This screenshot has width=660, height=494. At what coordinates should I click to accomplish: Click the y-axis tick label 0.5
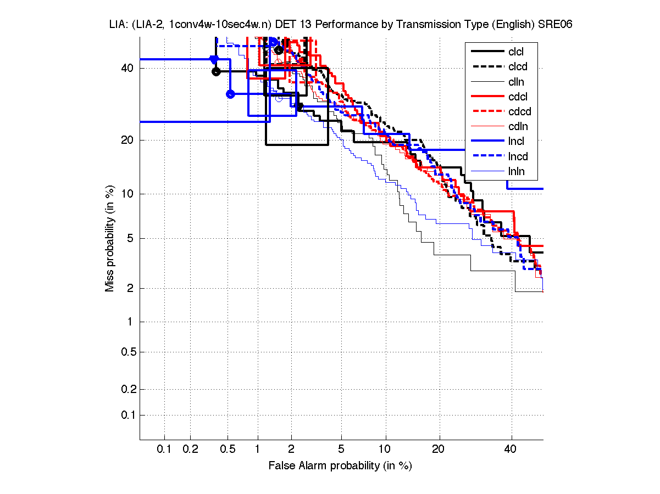click(x=128, y=352)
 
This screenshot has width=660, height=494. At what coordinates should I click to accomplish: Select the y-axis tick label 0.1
click(x=128, y=415)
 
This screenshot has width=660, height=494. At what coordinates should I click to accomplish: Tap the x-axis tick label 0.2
click(x=190, y=450)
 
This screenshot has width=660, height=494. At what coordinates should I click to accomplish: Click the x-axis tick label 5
click(x=341, y=450)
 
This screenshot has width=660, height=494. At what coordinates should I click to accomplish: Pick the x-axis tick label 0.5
click(x=228, y=450)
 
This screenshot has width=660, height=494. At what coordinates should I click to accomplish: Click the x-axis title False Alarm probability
click(x=340, y=466)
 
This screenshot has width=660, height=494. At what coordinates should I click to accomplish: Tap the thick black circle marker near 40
click(x=216, y=71)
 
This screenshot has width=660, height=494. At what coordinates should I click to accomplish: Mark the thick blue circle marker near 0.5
click(x=230, y=94)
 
